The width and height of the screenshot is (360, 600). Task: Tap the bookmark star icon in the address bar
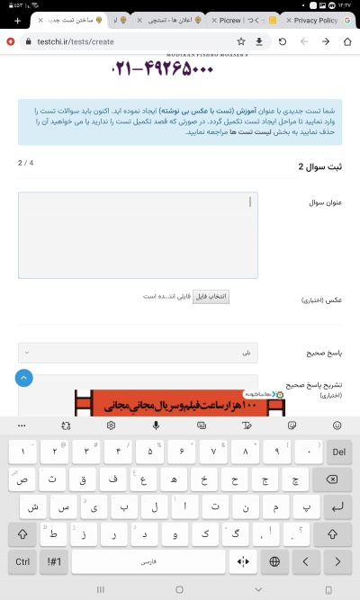pos(240,41)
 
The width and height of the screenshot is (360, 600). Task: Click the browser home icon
pos(346,41)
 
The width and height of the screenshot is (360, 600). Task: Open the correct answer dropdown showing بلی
pos(138,353)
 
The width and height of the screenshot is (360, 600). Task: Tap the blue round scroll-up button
pos(24,378)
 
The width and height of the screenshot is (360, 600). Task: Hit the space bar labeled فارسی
pos(148,561)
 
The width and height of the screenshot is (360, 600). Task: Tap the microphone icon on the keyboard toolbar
pos(157,425)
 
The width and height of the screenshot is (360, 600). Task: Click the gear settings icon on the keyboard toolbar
pos(111,425)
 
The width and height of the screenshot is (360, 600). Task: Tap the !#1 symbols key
pos(53,561)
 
